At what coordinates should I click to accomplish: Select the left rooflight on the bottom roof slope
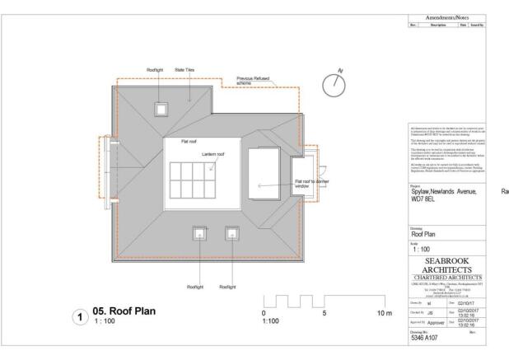coord(198,233)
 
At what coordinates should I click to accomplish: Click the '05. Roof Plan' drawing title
coord(131,312)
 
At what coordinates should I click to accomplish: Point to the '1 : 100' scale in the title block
coord(423,248)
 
